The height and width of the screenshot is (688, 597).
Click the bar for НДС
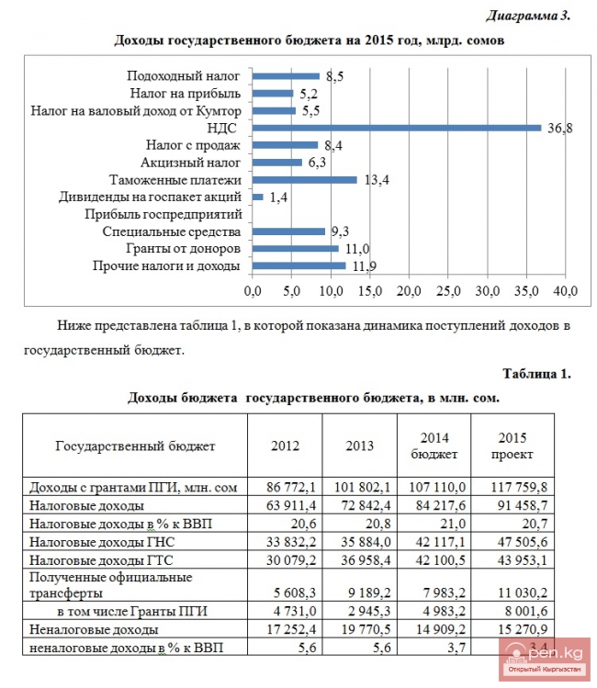pos(396,128)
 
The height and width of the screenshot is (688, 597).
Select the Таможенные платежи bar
pos(304,179)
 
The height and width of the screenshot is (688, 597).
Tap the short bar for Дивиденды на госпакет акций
pos(257,197)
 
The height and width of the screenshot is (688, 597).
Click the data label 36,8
pos(560,128)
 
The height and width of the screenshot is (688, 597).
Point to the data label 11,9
pos(363,266)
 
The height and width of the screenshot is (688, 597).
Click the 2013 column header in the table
pos(359,446)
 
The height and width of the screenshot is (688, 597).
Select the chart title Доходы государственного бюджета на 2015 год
pos(309,40)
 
